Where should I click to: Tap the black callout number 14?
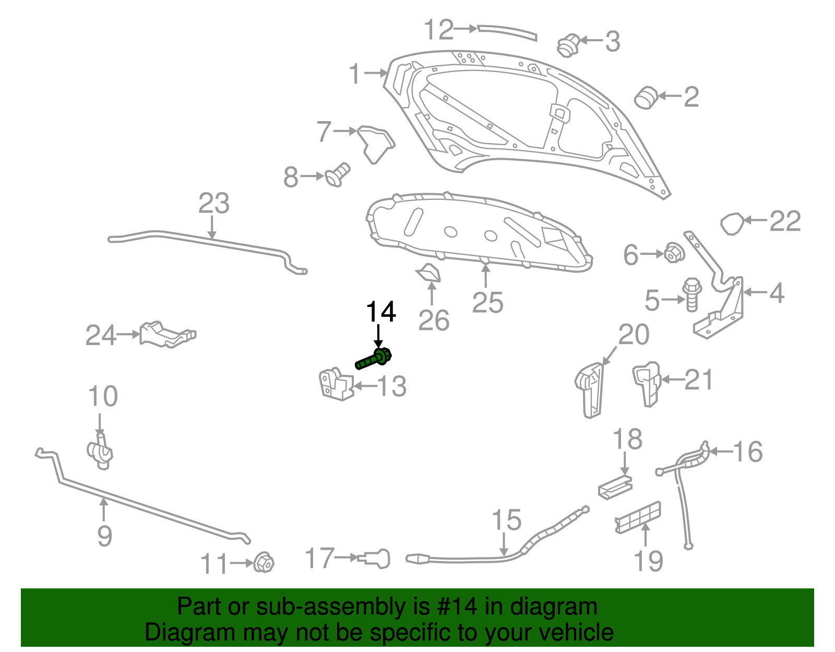pos(380,312)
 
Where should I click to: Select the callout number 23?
pos(213,204)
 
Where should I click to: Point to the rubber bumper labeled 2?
pos(646,97)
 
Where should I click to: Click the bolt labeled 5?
pos(692,294)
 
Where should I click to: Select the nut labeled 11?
pos(264,562)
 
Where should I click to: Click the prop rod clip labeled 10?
pos(100,451)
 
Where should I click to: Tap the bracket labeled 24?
pos(166,334)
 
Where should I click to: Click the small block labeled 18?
pos(615,487)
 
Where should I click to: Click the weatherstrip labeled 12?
pos(507,31)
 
